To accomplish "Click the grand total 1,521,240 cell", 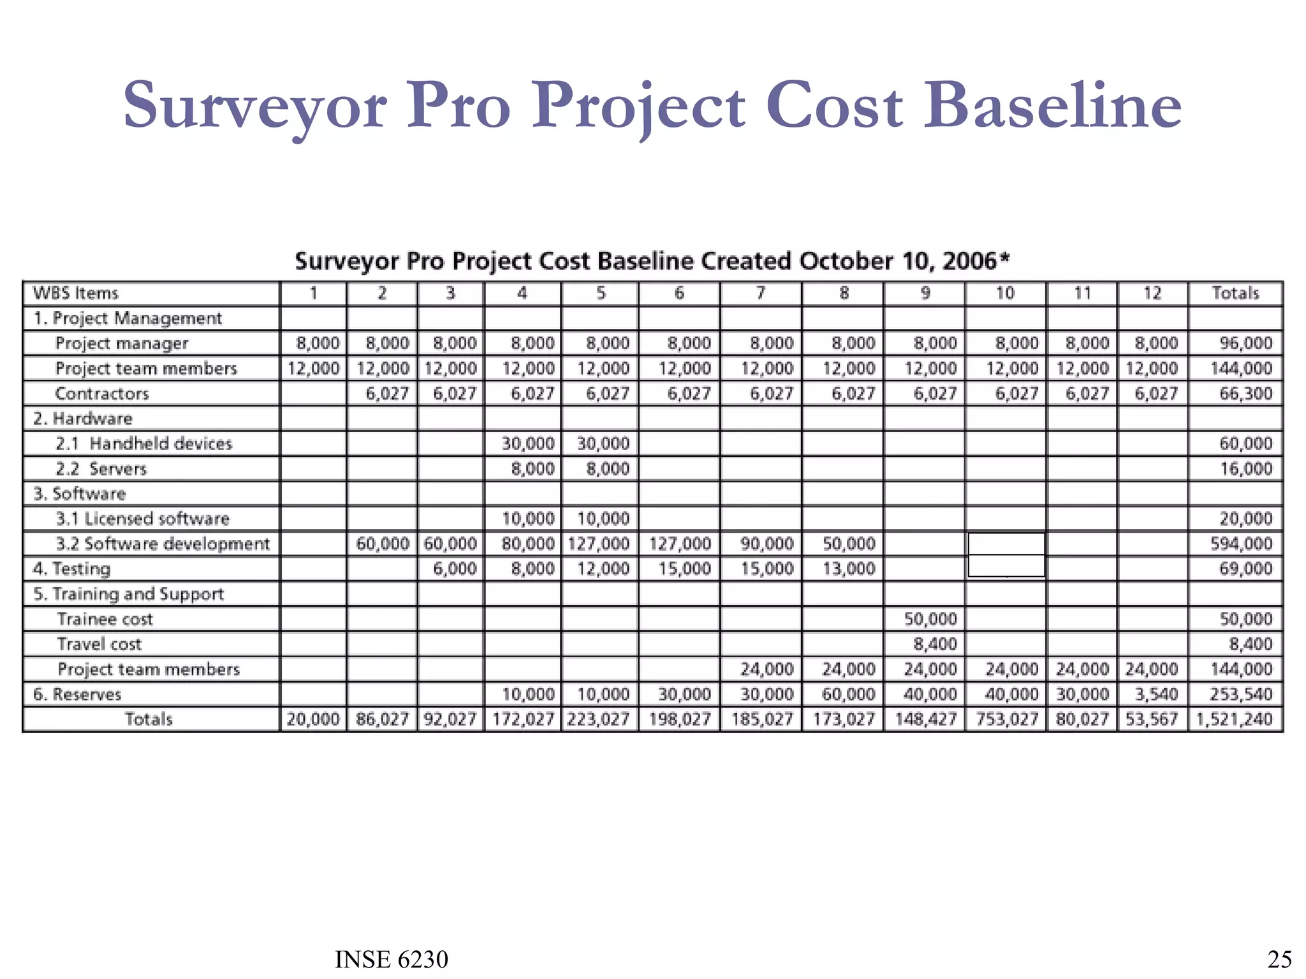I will [1235, 720].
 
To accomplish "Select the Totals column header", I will [1235, 293].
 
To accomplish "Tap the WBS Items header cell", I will [75, 293].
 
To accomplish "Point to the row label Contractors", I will [102, 393].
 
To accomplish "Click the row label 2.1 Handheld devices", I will [143, 444].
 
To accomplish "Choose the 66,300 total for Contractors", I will [1245, 393].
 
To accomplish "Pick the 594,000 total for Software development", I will [1241, 544].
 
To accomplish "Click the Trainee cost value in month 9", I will [930, 619].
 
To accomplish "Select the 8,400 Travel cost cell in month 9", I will [935, 644].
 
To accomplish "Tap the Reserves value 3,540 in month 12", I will [1156, 694].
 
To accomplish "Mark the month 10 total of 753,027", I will [1007, 720].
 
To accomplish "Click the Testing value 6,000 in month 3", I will [455, 569].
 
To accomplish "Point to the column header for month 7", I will [761, 293].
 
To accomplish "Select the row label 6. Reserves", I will [77, 694].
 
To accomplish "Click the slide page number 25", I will [1279, 959].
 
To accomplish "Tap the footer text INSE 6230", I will [392, 959].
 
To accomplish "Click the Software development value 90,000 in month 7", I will [767, 544].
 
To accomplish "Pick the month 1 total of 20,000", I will [312, 720].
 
